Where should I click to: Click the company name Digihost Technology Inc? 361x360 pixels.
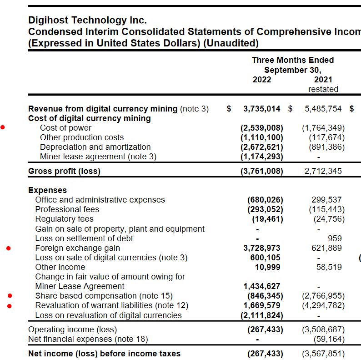coord(87,20)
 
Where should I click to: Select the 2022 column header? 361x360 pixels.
coord(261,80)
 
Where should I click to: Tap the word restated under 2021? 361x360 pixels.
coord(323,89)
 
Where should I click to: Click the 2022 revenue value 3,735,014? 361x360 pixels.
coord(262,109)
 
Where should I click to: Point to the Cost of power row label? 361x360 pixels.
coord(65,128)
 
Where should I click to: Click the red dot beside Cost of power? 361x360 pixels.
coord(3,128)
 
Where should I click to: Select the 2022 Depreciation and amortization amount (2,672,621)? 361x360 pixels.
coord(262,147)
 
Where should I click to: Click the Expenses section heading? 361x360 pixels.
coord(47,190)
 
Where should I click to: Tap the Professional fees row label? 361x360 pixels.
coord(67,209)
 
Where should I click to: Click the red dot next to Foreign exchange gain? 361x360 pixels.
coord(9,248)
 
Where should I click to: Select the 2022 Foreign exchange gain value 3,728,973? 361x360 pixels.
coord(262,248)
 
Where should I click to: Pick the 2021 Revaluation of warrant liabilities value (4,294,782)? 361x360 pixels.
coord(323,305)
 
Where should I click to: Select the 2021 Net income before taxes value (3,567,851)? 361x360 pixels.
coord(323,354)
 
